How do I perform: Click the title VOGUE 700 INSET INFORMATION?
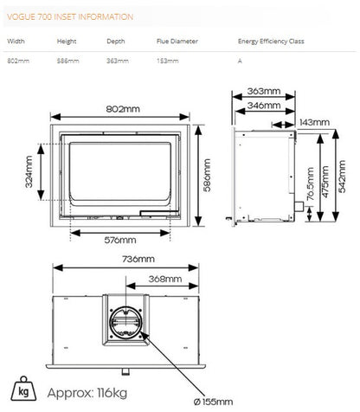pyautogui.click(x=70, y=16)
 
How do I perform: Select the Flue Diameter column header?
pyautogui.click(x=177, y=42)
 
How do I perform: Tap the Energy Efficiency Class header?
pyautogui.click(x=271, y=42)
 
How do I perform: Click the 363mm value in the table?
pyautogui.click(x=118, y=61)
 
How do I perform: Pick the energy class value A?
pyautogui.click(x=240, y=61)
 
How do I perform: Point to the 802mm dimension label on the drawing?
pyautogui.click(x=123, y=109)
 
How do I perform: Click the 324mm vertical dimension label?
pyautogui.click(x=29, y=172)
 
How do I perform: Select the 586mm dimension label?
pyautogui.click(x=207, y=175)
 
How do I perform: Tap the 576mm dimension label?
pyautogui.click(x=120, y=240)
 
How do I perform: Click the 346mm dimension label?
pyautogui.click(x=264, y=106)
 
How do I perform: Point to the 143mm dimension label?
pyautogui.click(x=314, y=122)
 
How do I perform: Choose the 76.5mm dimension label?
pyautogui.click(x=310, y=183)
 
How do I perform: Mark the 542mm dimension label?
pyautogui.click(x=342, y=177)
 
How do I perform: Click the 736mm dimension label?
pyautogui.click(x=138, y=259)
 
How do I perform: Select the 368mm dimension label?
pyautogui.click(x=165, y=279)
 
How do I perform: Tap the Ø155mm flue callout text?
pyautogui.click(x=214, y=402)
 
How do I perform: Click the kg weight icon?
pyautogui.click(x=23, y=389)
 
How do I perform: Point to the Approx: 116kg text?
pyautogui.click(x=87, y=393)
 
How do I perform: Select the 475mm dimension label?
pyautogui.click(x=325, y=182)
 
